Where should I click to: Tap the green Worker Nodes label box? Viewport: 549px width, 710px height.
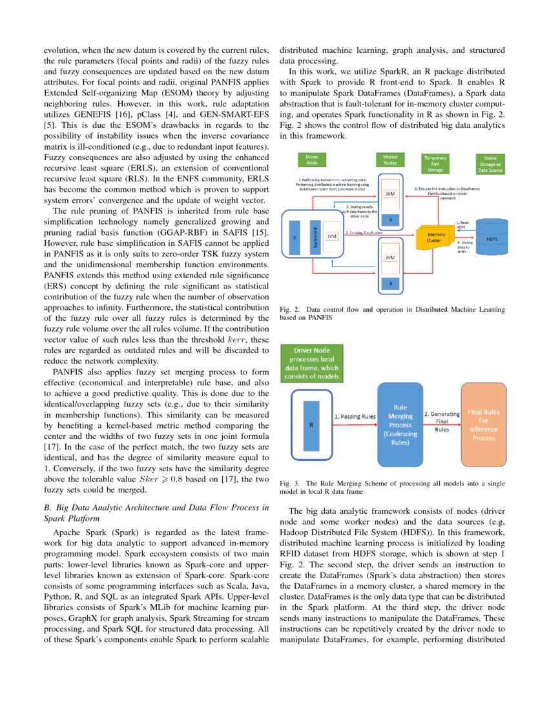pos(391,160)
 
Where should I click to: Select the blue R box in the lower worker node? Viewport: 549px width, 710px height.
pos(390,283)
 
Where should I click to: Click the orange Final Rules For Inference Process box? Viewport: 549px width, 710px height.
pos(483,427)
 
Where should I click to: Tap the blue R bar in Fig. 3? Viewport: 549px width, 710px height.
pos(313,427)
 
